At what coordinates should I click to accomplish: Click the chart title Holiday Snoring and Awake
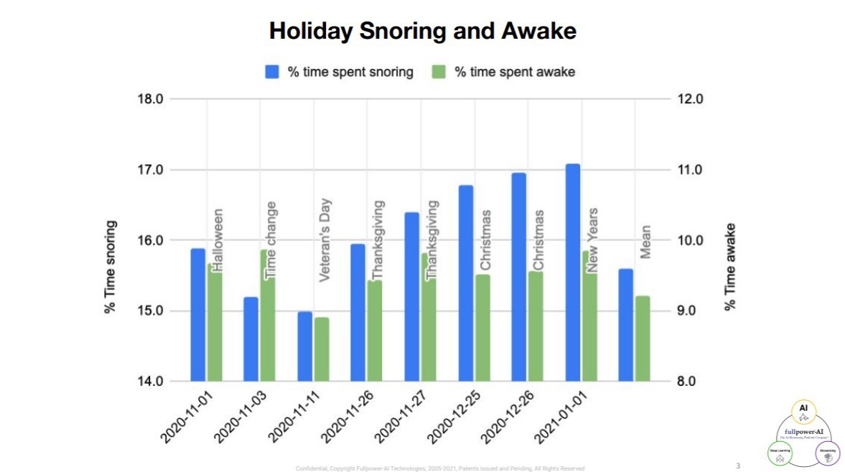[x=422, y=31]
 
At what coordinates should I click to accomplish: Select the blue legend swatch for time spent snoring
[x=273, y=72]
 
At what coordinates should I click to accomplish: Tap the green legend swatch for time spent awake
[x=439, y=72]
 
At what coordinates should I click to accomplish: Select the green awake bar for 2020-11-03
[x=267, y=316]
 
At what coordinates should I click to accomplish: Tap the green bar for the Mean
[x=643, y=338]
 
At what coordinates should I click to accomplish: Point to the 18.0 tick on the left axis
[x=149, y=99]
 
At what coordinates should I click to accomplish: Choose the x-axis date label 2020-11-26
[x=347, y=417]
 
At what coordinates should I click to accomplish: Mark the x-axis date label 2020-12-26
[x=508, y=417]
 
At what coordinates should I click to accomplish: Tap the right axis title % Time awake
[x=730, y=266]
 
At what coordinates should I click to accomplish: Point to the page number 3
[x=737, y=466]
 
